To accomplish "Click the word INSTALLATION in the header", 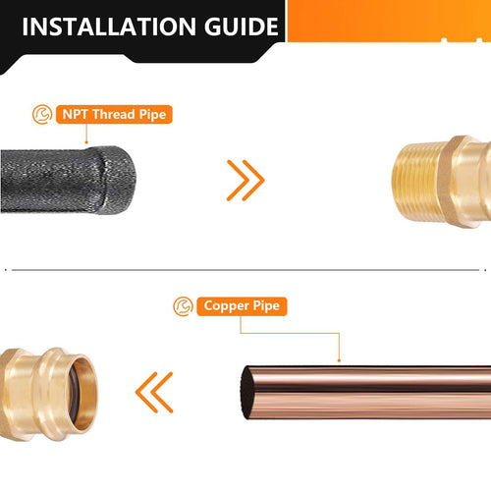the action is pos(109,27).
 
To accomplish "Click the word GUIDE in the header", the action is pos(242,27).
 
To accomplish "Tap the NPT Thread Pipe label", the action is pos(114,114).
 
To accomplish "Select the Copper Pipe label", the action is pos(242,306).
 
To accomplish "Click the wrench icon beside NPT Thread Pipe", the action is pos(42,114).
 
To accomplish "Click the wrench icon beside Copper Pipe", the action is pos(183,306).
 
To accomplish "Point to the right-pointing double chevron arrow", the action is pos(245,180).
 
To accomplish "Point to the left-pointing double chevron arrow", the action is pos(154,392).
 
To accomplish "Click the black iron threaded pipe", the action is pos(68,180).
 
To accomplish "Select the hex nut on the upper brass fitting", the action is pos(454,182).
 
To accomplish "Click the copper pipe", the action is pos(366,393).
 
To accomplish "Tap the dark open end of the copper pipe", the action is pos(247,393).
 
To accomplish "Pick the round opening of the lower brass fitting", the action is pos(83,393).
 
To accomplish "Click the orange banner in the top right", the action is pos(389,21).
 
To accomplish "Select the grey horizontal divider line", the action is pos(245,270).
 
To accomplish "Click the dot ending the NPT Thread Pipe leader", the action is pos(86,142).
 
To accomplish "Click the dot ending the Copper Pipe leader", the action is pos(339,360).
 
